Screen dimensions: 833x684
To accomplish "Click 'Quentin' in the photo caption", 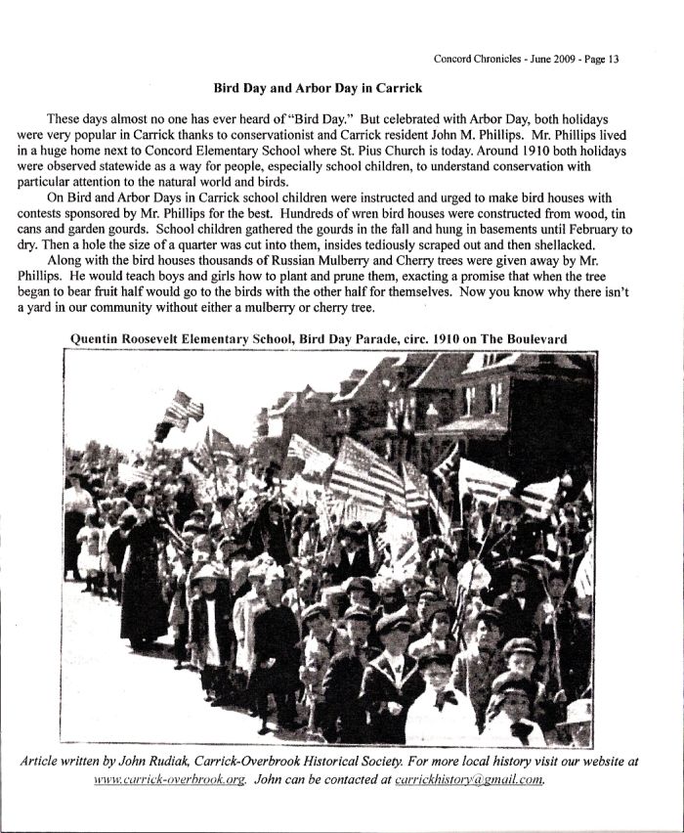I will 97,338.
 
